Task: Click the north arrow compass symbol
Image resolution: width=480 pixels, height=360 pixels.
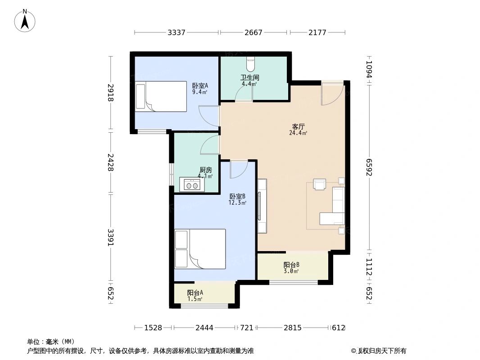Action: click(x=25, y=21)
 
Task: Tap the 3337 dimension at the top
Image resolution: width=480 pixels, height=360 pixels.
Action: click(x=177, y=32)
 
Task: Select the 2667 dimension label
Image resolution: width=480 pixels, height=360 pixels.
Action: click(x=253, y=32)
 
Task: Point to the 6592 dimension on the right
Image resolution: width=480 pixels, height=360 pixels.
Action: click(x=369, y=167)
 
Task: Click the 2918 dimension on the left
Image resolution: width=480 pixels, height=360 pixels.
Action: click(x=110, y=93)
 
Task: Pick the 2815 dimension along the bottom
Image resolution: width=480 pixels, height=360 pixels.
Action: click(x=292, y=328)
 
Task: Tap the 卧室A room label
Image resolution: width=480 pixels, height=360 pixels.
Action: click(x=200, y=86)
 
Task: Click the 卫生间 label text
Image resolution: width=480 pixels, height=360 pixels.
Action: click(x=249, y=78)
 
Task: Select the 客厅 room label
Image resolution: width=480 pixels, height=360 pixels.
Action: click(x=298, y=126)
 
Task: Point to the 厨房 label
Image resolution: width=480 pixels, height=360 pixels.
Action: click(x=205, y=170)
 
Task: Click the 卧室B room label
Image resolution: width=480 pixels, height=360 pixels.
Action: click(x=237, y=196)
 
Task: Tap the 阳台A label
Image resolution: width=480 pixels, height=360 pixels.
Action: click(x=195, y=292)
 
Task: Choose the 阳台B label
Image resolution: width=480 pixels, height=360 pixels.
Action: click(x=291, y=265)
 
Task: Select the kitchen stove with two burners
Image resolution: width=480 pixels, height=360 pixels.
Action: click(x=192, y=185)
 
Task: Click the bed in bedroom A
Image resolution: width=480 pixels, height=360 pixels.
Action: click(x=161, y=96)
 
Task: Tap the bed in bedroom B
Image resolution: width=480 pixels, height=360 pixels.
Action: click(x=200, y=249)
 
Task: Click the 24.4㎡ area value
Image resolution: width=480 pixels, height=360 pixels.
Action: click(x=298, y=133)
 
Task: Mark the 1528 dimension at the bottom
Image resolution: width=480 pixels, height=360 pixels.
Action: click(x=153, y=328)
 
